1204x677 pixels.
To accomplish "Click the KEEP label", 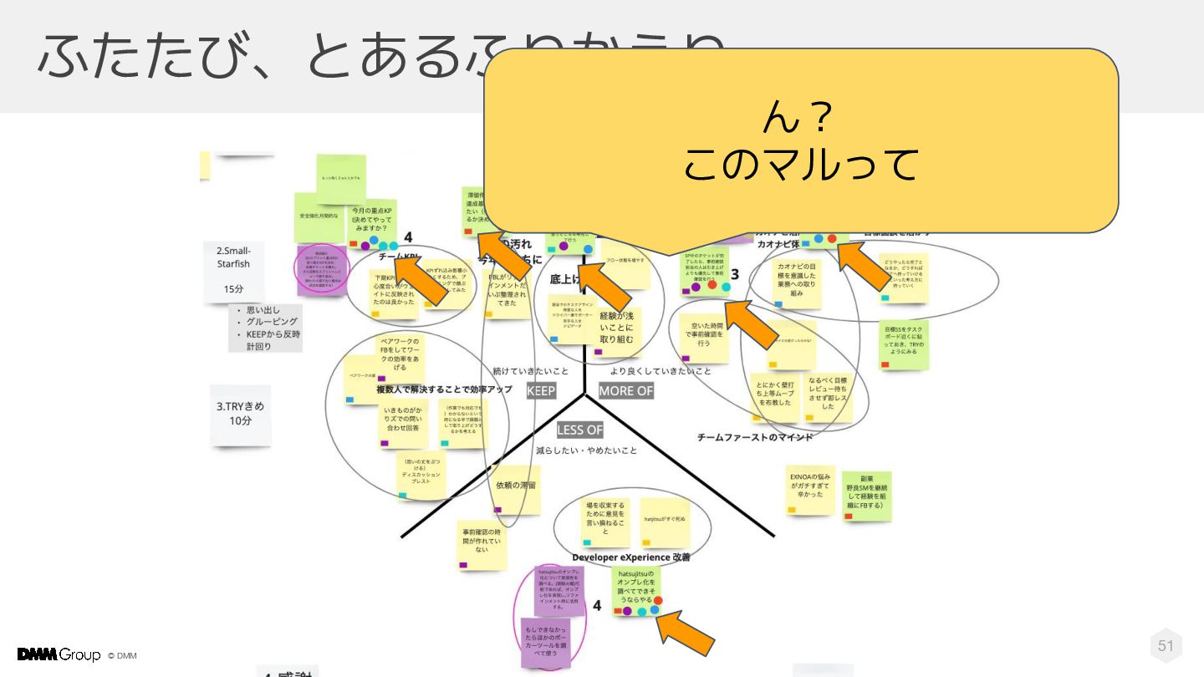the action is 541,391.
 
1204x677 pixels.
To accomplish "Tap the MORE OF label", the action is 625,391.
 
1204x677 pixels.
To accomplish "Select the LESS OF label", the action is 579,430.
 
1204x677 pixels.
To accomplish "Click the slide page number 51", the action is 1166,645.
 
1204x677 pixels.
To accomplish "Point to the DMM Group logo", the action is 59,654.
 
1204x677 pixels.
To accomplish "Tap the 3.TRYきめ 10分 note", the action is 240,414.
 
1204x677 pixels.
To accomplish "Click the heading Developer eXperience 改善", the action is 631,557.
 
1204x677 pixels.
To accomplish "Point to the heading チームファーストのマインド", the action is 755,437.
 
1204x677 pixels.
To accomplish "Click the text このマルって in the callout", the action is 800,165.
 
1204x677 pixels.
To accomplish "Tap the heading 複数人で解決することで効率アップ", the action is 444,389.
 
